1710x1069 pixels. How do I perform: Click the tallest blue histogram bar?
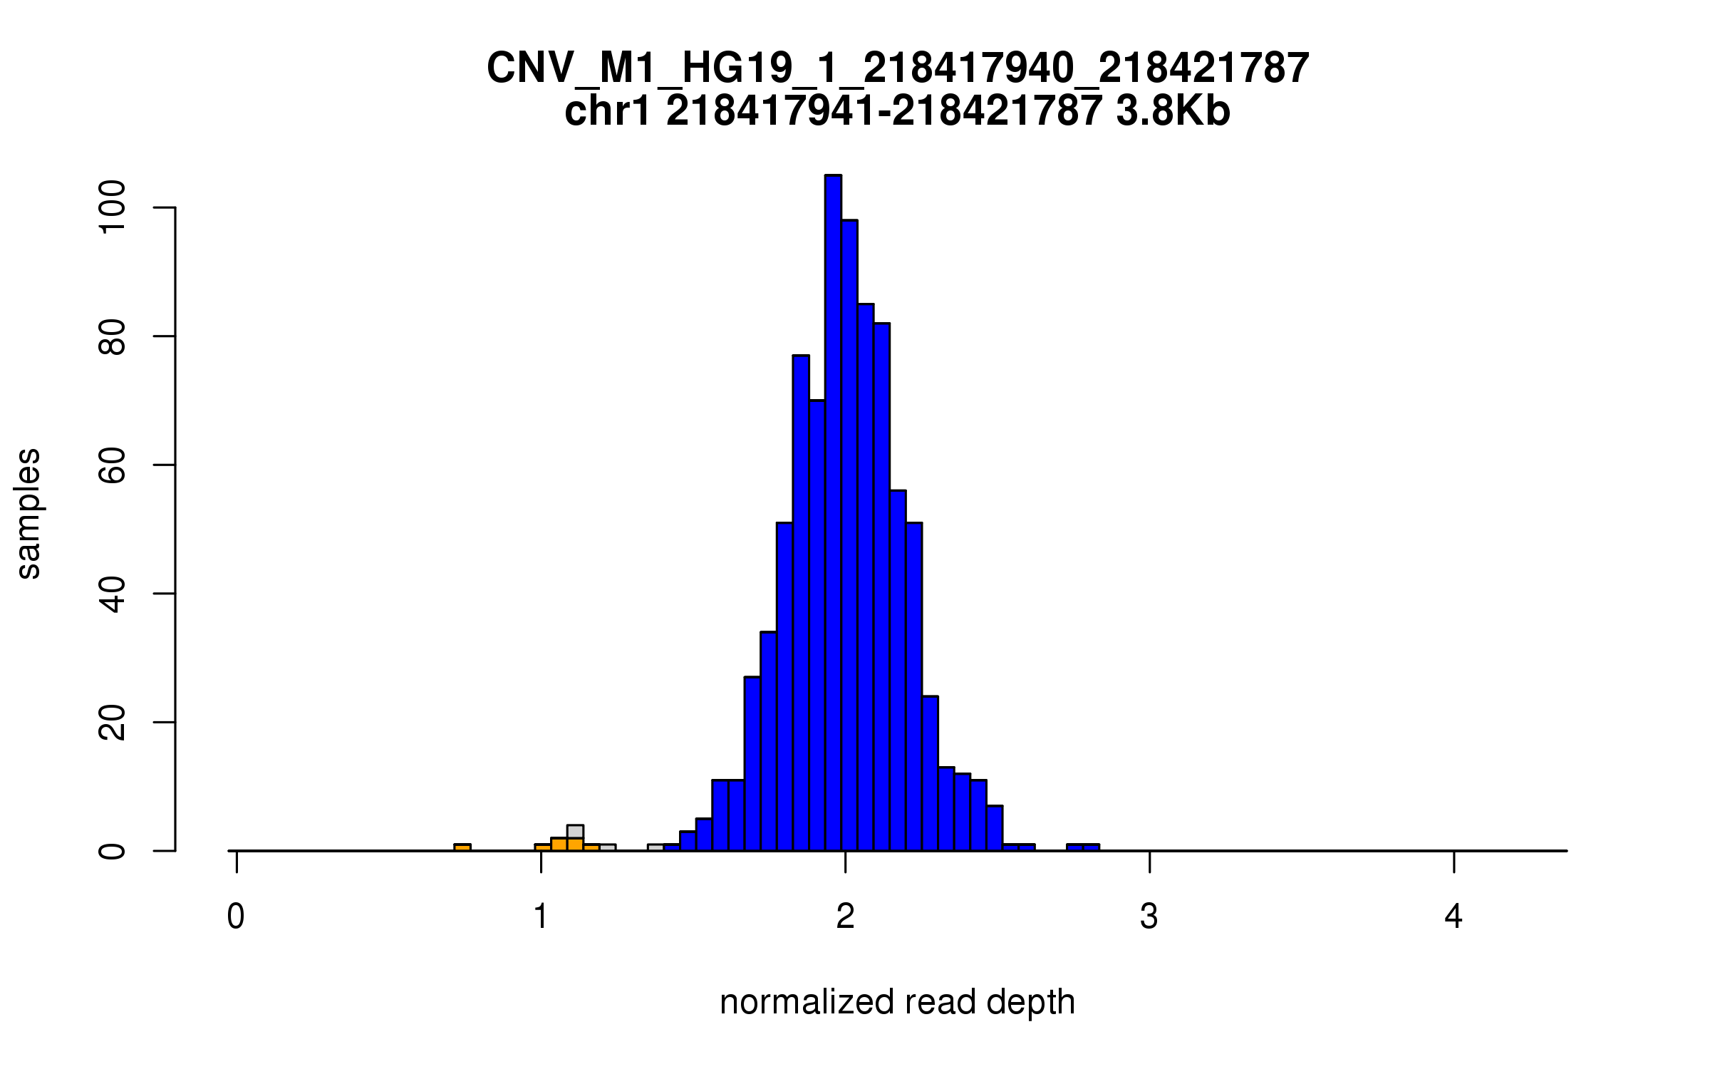(833, 513)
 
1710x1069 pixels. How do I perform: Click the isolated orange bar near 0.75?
(462, 847)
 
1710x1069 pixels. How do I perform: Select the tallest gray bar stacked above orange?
(575, 832)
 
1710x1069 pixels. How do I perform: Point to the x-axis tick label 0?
(236, 916)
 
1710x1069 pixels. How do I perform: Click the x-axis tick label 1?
(541, 916)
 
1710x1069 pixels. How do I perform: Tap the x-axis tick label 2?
(845, 916)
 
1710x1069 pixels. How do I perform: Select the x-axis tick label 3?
(1149, 916)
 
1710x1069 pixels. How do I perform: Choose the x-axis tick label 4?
(1453, 916)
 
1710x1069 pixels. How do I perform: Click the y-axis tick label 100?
(113, 207)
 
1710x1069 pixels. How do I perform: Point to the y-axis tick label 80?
(113, 336)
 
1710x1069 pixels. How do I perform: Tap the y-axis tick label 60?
(113, 465)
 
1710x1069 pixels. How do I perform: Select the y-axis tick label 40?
(113, 594)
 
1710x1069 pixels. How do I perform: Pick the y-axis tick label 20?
(113, 722)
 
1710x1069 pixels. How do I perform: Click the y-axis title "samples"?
(28, 513)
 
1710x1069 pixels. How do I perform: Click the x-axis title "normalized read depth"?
(897, 1002)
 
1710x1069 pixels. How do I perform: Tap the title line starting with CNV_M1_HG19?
(897, 68)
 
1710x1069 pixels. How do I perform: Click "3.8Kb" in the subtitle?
(1173, 111)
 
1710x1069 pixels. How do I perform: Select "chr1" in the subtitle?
(607, 111)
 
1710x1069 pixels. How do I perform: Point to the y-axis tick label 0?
(113, 851)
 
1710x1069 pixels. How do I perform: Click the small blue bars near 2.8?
(1082, 847)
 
